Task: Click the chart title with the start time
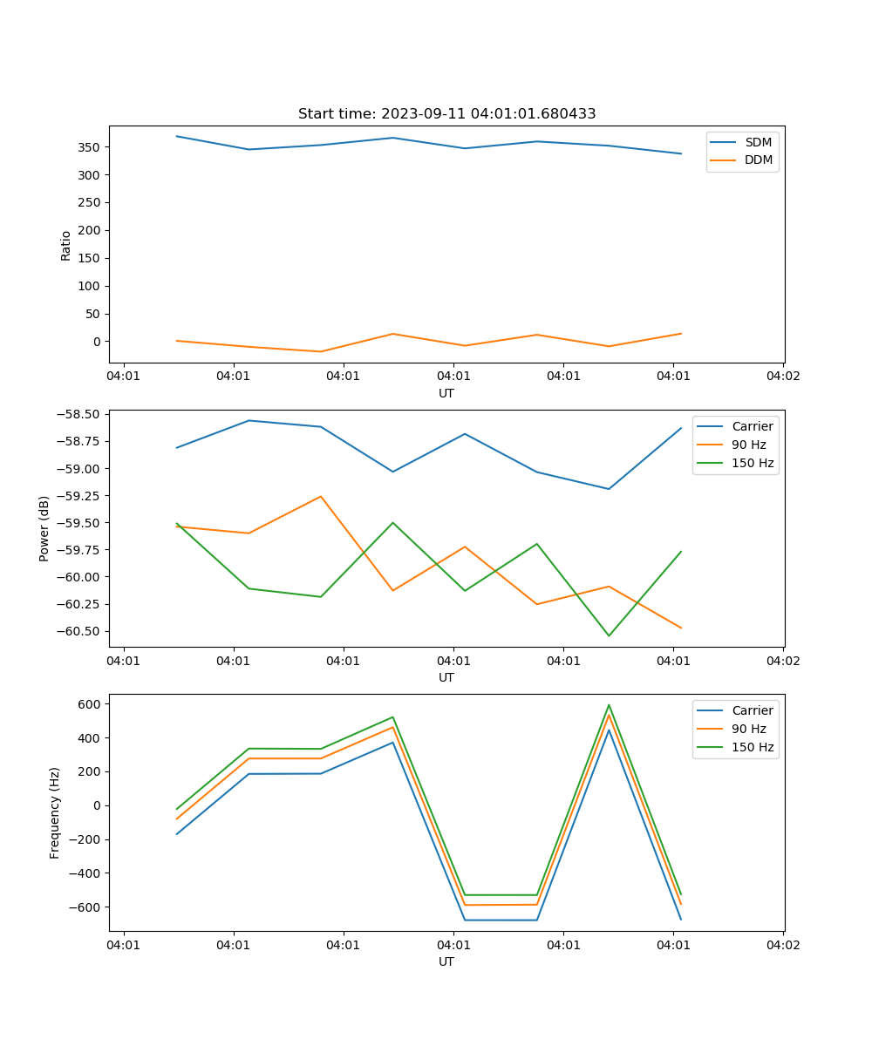tap(446, 114)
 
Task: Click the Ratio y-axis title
tap(66, 245)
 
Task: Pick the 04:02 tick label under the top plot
tap(782, 377)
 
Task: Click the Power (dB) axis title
tap(44, 528)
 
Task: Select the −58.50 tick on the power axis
tap(78, 415)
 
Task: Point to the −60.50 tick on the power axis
tap(78, 631)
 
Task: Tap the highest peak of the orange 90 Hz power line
tap(321, 497)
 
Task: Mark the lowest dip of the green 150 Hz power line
tap(609, 635)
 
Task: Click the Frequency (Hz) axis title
tap(55, 812)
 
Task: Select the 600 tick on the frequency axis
tap(91, 703)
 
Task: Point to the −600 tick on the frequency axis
tap(87, 907)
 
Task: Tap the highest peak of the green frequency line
tap(609, 705)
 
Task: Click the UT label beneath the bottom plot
tap(446, 961)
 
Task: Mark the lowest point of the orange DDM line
tap(321, 351)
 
